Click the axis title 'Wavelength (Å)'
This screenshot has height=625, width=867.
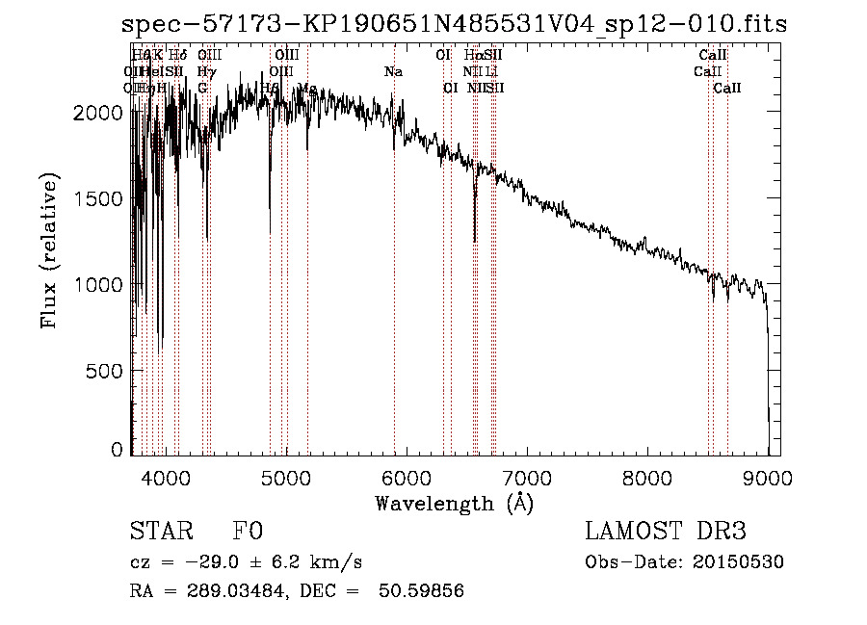click(x=454, y=502)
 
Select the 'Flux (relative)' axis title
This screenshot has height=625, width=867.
click(x=49, y=250)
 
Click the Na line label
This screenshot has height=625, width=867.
click(x=393, y=71)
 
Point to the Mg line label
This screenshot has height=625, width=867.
click(x=308, y=88)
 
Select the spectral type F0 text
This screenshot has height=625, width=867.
click(x=248, y=532)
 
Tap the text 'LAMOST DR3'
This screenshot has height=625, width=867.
click(x=666, y=532)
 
